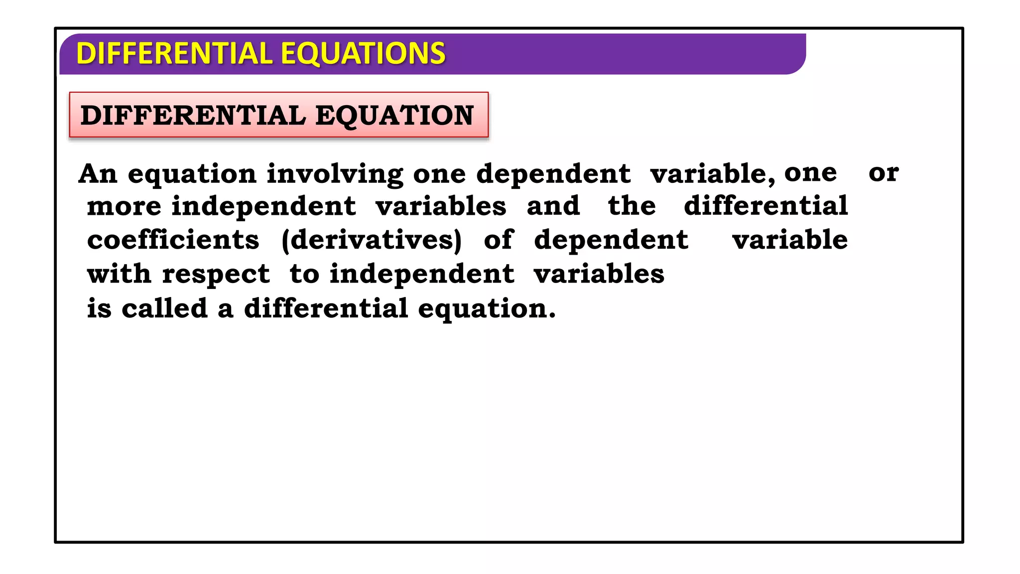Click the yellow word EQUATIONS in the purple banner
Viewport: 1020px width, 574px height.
[363, 53]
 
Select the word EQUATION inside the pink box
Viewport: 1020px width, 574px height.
[394, 115]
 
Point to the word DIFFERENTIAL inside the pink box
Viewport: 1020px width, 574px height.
[193, 115]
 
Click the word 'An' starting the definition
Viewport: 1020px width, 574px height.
[98, 174]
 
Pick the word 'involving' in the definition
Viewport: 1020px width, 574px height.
[335, 174]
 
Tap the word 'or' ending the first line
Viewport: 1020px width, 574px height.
[883, 172]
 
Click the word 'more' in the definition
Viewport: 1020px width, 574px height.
[124, 206]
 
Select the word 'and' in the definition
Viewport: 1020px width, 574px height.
[553, 206]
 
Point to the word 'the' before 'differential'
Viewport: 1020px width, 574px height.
[632, 206]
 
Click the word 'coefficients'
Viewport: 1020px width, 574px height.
[173, 240]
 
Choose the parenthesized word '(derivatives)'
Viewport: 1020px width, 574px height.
[372, 240]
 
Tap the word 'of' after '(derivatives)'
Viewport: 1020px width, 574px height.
[499, 240]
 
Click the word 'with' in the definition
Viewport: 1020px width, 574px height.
[119, 274]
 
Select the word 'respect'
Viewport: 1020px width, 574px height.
[216, 275]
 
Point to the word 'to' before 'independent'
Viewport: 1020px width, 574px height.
[304, 274]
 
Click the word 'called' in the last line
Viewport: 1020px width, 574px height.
[164, 308]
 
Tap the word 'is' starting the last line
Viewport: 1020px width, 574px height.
[99, 308]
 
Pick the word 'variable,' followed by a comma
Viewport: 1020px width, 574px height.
[713, 174]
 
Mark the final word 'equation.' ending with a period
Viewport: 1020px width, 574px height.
[487, 309]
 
